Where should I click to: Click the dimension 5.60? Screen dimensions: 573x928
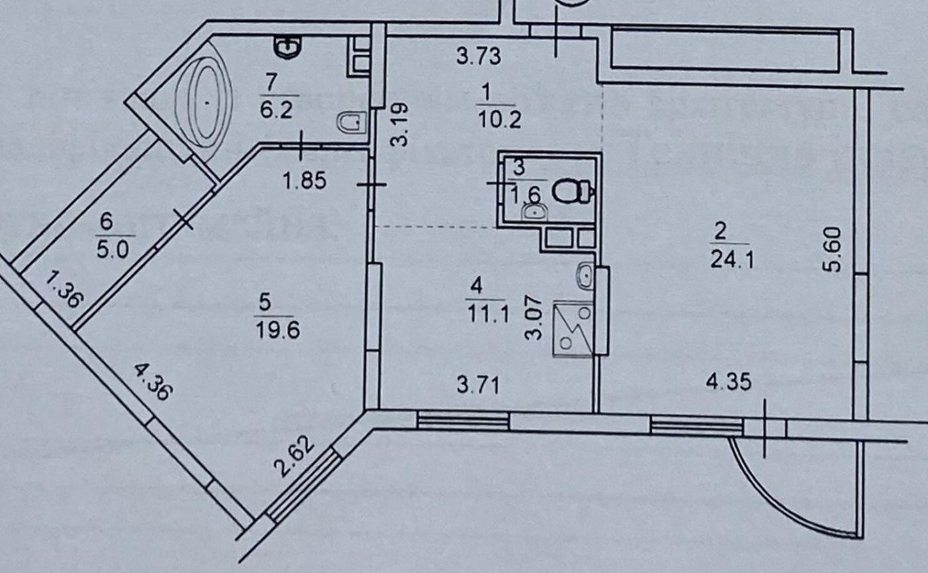coord(835,249)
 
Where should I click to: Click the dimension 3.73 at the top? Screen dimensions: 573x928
coord(479,56)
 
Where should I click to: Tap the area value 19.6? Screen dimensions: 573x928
coord(276,328)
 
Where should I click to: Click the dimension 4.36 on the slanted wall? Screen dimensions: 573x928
coord(153,383)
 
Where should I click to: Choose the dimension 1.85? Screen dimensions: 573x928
coord(305,180)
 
